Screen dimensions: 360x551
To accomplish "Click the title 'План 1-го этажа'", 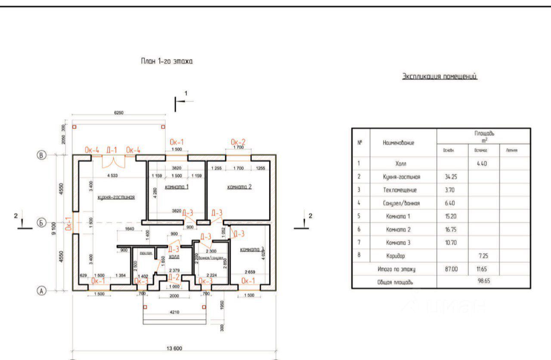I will point(167,62).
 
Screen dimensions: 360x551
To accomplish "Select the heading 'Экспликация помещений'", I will point(440,77).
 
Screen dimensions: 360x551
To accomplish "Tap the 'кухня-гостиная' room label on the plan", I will point(116,197).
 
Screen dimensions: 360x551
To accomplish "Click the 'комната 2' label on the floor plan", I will point(239,187).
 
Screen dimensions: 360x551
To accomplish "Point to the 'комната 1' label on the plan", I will point(176,187).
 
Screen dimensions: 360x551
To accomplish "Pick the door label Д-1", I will point(112,150).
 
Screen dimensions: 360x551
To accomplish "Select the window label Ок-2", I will point(238,142).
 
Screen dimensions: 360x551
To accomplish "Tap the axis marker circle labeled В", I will point(41,156).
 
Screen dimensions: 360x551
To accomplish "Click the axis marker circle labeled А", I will point(41,291).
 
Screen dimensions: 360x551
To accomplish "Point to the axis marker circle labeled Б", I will point(41,223).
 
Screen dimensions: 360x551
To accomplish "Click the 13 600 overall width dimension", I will point(174,349).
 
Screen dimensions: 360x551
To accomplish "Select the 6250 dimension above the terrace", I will point(119,113).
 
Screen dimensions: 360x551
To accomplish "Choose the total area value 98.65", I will point(483,282).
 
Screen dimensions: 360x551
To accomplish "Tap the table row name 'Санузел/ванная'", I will point(401,203).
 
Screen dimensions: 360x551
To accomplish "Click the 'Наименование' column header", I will point(398,142).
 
